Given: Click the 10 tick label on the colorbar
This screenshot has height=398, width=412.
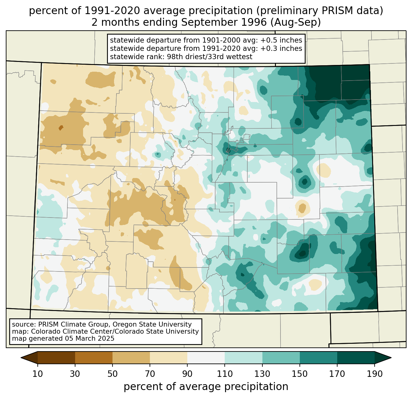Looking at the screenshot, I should (x=38, y=374).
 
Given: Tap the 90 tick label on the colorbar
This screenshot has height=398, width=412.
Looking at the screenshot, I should (x=187, y=374).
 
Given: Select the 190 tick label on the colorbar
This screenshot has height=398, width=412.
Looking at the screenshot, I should (x=375, y=374).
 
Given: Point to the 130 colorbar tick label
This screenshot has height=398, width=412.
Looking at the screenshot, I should (x=262, y=374).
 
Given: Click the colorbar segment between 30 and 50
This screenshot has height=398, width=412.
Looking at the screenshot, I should (x=94, y=358).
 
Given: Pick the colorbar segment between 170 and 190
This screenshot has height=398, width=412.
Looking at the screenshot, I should (x=356, y=358).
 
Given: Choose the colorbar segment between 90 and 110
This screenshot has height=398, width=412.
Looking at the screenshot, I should (x=206, y=358).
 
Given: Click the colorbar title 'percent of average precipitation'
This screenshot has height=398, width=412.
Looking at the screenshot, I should (x=206, y=387).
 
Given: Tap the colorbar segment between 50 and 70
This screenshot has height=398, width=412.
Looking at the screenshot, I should (x=131, y=358).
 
